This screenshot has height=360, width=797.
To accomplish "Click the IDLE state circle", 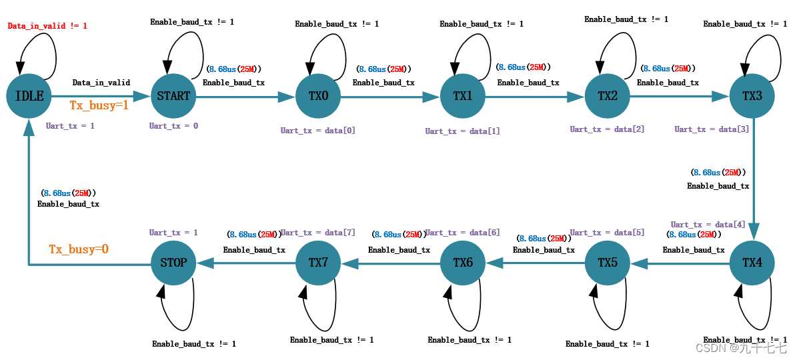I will (x=29, y=96).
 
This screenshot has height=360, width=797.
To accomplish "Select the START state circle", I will (x=173, y=96).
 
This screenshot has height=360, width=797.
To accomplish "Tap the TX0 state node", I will (x=318, y=96).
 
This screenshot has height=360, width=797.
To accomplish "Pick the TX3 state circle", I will (x=752, y=96).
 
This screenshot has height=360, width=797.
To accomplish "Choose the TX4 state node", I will (x=752, y=263).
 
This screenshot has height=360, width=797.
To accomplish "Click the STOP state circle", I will (x=173, y=263).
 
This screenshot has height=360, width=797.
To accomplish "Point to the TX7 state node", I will (x=318, y=263).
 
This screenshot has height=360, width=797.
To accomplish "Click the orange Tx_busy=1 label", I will (x=99, y=105).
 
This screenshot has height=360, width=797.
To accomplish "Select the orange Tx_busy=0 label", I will (x=78, y=249).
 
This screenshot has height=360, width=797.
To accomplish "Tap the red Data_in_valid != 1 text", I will (x=47, y=26).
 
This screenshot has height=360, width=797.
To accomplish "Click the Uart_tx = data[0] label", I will (x=317, y=131).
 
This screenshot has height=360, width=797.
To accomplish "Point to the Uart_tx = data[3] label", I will (x=711, y=129).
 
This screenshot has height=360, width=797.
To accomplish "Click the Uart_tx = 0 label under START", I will (x=173, y=125).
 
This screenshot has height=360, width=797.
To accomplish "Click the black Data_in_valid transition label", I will (x=101, y=83).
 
